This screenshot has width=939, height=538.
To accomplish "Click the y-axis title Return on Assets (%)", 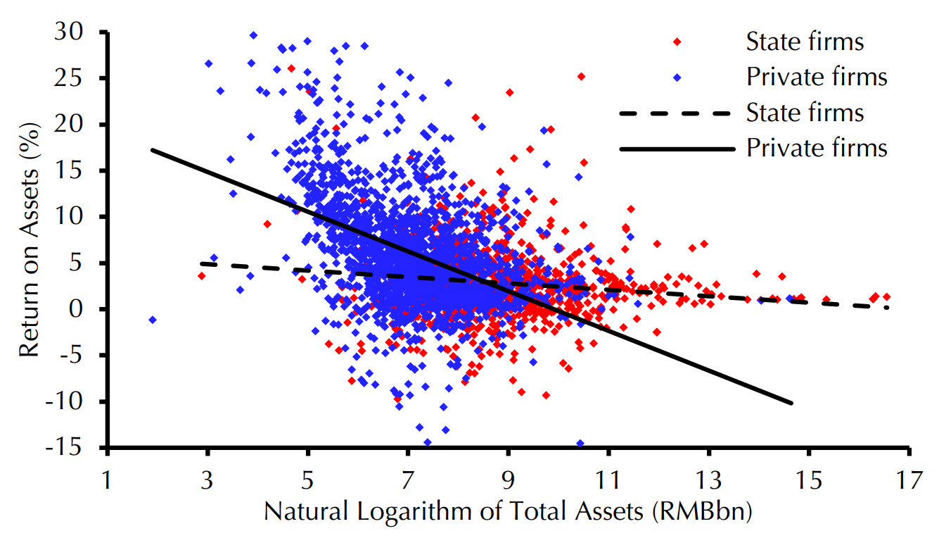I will [x=30, y=239].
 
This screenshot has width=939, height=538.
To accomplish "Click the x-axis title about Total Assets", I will [x=508, y=512].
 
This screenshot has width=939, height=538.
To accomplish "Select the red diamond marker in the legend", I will [x=677, y=42].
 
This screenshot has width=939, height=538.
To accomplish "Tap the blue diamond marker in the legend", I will [x=677, y=77].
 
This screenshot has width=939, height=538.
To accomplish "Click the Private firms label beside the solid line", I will [x=817, y=148].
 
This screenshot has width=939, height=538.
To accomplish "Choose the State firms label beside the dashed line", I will [x=805, y=113].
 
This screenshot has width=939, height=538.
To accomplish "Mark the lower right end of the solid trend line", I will [x=792, y=403].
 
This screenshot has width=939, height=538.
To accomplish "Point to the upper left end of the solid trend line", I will [x=152, y=150].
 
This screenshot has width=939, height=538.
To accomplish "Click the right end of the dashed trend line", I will [x=888, y=307].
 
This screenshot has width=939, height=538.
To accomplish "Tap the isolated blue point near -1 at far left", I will [x=153, y=320].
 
